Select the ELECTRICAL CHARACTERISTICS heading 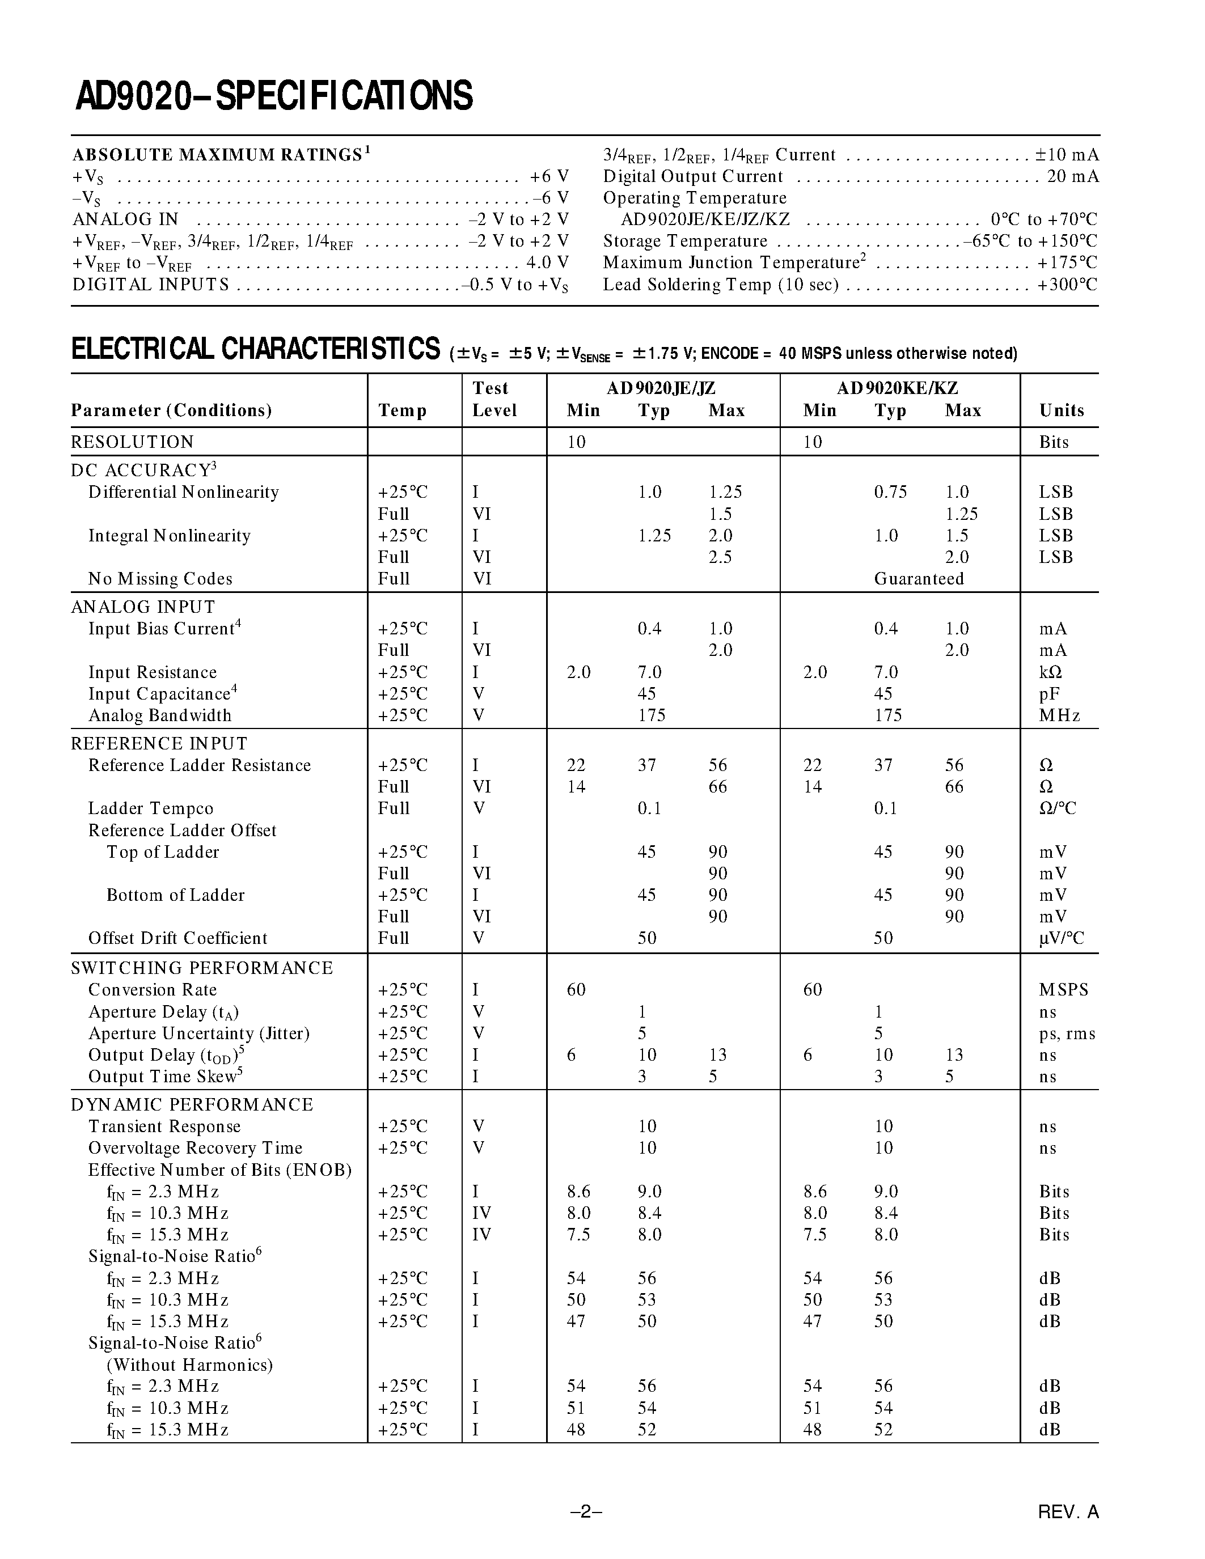click(x=256, y=350)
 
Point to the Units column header click(x=1062, y=410)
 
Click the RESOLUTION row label click(x=132, y=442)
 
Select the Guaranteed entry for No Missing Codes click(x=919, y=579)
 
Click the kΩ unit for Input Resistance click(x=1050, y=672)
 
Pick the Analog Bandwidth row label click(x=160, y=715)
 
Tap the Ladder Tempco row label click(x=151, y=809)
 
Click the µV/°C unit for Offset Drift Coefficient click(x=1061, y=938)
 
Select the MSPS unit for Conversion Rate click(x=1064, y=990)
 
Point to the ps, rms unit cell click(x=1067, y=1033)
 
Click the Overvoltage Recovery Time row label click(x=195, y=1148)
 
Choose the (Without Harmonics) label click(x=189, y=1365)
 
